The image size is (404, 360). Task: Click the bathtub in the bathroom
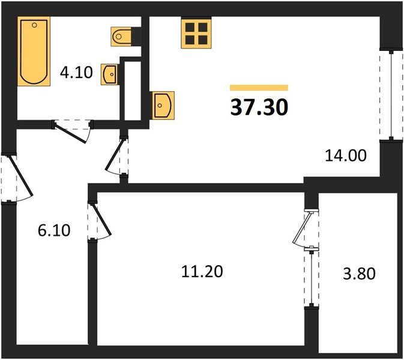[34, 52]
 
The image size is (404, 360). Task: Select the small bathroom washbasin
[110, 74]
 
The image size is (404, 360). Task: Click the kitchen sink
[163, 106]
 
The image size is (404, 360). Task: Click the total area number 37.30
[259, 107]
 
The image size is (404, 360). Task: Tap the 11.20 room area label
[202, 272]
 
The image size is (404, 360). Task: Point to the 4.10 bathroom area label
[76, 74]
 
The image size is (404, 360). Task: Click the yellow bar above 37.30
[259, 88]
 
